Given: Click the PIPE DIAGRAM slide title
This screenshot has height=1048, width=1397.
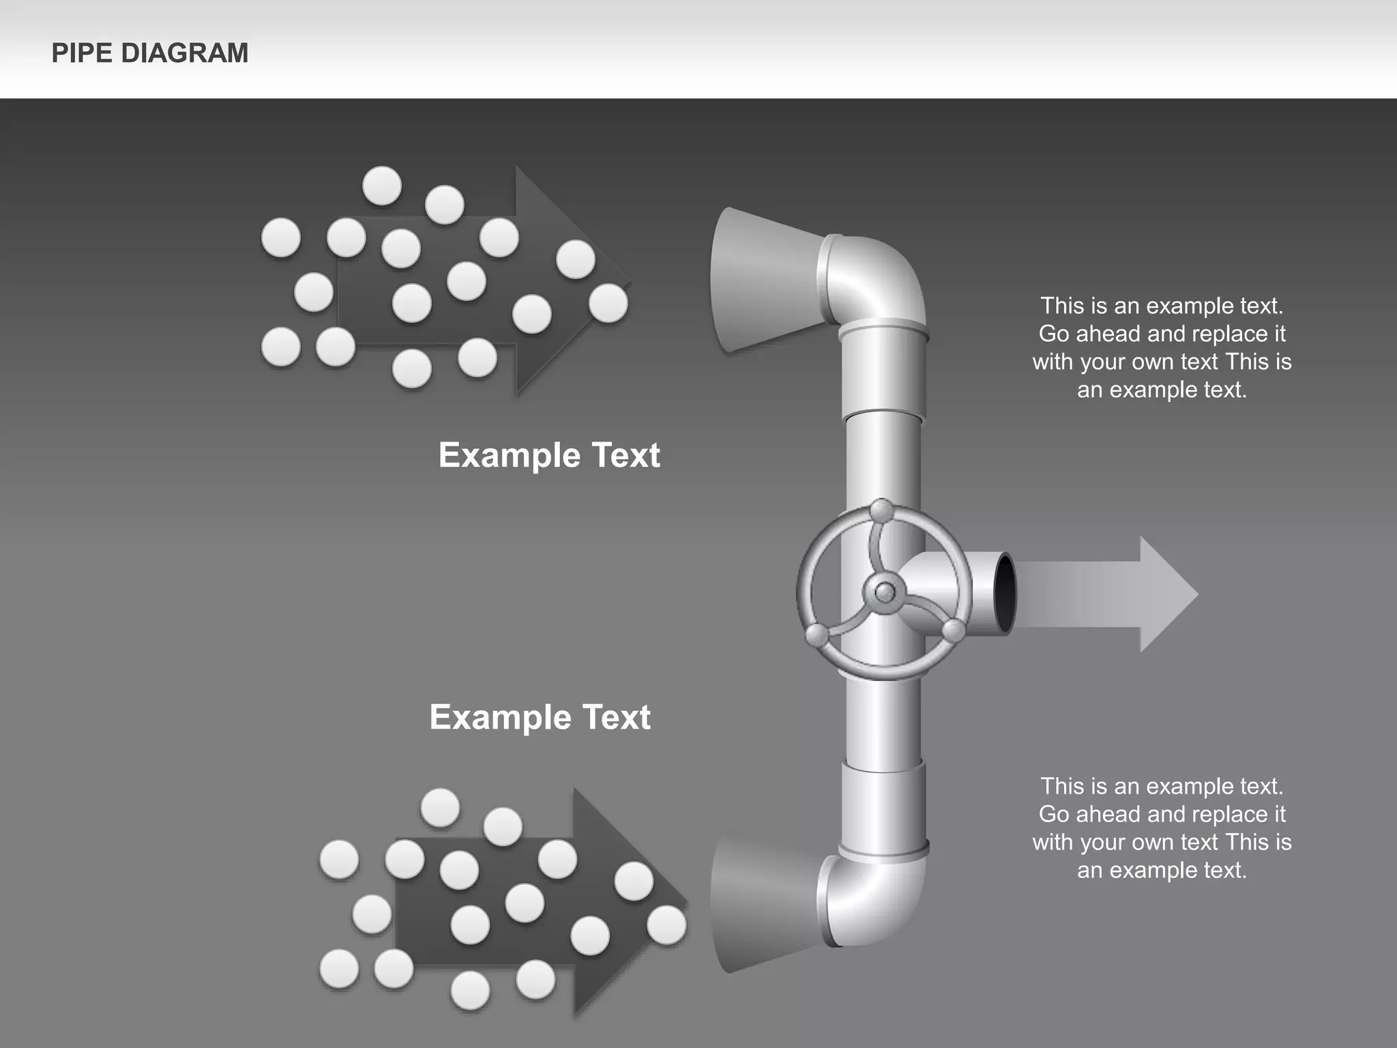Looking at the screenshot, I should coord(150,53).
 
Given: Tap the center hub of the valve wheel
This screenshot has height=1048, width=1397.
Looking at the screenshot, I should coord(885,592).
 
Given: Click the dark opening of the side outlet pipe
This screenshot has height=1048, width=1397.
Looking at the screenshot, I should coord(1005,593).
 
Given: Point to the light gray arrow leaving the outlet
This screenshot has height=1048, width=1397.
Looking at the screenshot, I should coord(1119,594).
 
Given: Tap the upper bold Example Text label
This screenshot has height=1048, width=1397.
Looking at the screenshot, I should coord(549,455).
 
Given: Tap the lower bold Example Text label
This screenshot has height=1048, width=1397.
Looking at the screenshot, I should coord(540,717).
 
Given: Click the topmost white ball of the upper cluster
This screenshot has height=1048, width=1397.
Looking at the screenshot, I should coord(382,185).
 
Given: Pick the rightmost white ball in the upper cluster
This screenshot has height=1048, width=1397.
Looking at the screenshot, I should coord(608,303).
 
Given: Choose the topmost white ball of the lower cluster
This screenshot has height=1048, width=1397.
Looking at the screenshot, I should coord(440,807).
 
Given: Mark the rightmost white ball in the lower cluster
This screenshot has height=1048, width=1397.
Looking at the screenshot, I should coord(666,925).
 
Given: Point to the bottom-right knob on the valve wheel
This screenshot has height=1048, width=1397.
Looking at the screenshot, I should coord(954,630).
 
